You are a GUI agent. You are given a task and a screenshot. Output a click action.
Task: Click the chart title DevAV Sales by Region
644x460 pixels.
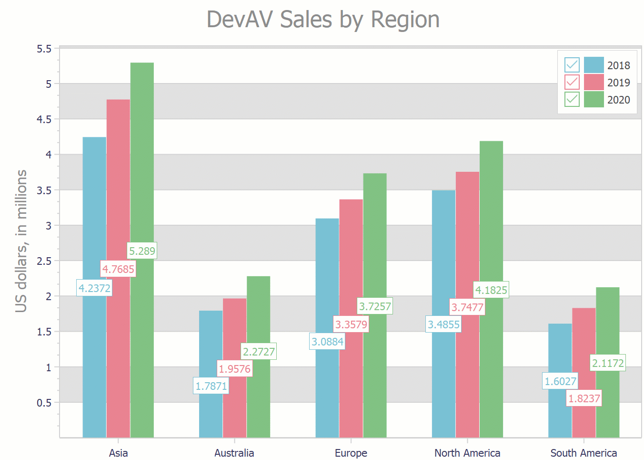(x=323, y=20)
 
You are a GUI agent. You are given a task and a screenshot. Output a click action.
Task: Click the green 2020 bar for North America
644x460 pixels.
(x=491, y=215)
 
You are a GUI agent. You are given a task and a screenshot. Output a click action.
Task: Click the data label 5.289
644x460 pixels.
(x=142, y=251)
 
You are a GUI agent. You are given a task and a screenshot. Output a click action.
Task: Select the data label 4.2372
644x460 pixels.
(x=94, y=288)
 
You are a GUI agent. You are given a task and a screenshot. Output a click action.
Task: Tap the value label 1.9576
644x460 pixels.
(x=234, y=369)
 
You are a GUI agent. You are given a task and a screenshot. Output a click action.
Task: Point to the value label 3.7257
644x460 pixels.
(x=375, y=306)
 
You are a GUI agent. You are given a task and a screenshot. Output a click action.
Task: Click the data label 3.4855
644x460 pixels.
(x=443, y=324)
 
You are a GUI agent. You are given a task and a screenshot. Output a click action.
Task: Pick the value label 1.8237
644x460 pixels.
(x=584, y=398)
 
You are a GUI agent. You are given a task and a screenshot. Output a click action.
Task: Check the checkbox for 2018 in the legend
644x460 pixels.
(x=572, y=65)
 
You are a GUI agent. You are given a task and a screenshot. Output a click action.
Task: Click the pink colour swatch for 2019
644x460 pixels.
(x=594, y=82)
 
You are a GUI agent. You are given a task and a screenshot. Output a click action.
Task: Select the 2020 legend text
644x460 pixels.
(x=618, y=100)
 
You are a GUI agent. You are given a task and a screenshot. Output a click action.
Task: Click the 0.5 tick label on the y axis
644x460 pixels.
(x=44, y=403)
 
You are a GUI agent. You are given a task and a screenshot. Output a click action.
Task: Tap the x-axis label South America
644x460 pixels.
(x=584, y=453)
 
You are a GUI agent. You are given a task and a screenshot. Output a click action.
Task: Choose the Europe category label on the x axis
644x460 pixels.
(x=351, y=453)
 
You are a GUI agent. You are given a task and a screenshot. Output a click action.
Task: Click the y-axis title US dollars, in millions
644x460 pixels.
(x=21, y=241)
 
